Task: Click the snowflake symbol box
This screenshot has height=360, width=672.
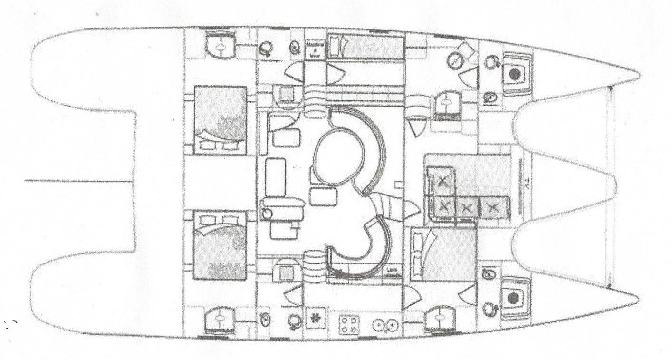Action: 314,320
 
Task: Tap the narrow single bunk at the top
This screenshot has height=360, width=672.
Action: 365,48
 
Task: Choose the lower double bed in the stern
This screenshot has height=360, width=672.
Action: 221,247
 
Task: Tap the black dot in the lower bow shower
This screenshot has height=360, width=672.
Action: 513,299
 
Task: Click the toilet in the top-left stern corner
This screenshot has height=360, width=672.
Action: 221,46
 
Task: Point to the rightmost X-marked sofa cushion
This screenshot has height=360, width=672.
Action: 494,207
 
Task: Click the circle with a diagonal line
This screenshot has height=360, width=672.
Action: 456,60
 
